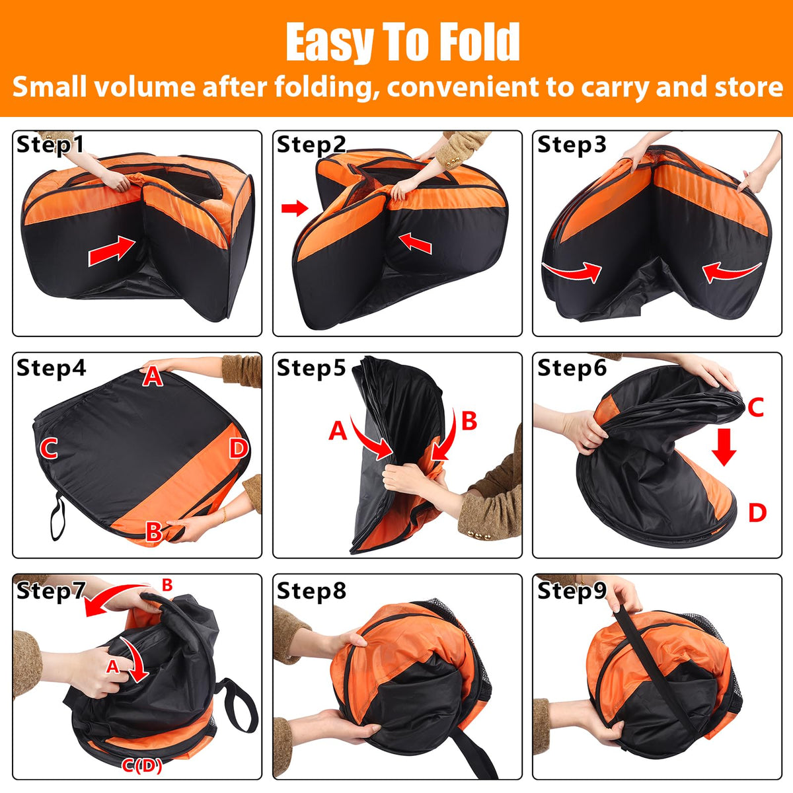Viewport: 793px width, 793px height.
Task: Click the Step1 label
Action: [x=50, y=145]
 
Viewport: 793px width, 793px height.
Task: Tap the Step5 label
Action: [x=311, y=367]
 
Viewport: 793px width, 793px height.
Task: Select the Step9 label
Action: [x=572, y=591]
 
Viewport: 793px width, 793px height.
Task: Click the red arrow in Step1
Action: [x=112, y=250]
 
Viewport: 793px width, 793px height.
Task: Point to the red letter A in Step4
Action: [x=152, y=377]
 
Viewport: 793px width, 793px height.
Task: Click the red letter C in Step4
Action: [x=48, y=449]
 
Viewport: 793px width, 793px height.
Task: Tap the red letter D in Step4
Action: [x=239, y=448]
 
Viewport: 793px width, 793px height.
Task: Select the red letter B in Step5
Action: [x=469, y=420]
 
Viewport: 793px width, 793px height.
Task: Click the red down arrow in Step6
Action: [x=724, y=447]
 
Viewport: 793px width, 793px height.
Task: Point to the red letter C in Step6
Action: [x=755, y=408]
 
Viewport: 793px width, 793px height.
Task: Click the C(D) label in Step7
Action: [x=142, y=765]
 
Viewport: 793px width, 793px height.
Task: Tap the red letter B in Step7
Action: [x=167, y=585]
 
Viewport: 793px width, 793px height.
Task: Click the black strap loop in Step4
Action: [x=57, y=517]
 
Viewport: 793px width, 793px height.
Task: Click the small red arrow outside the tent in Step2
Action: [x=295, y=208]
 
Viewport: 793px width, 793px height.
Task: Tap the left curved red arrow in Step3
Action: [x=572, y=271]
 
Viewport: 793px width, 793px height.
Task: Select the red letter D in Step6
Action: [x=757, y=513]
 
